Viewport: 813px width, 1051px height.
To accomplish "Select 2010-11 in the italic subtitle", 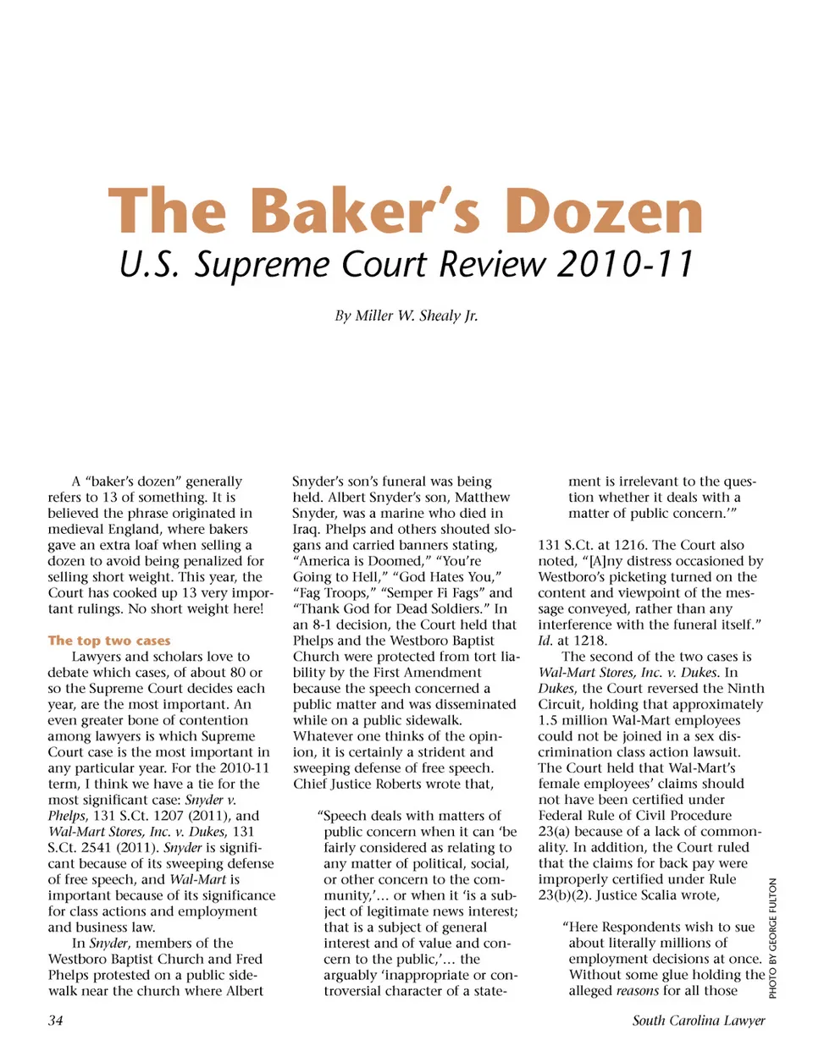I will (x=626, y=264).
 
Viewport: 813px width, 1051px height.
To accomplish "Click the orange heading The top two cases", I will (x=109, y=641).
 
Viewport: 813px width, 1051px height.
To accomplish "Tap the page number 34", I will (x=56, y=1020).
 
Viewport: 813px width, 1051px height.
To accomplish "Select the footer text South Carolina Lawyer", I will (x=698, y=1020).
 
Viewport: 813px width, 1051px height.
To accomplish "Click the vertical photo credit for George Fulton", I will (x=772, y=938).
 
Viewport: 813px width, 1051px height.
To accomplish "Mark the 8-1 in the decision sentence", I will (x=325, y=625).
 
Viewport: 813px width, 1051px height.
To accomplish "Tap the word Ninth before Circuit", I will (x=745, y=688).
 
